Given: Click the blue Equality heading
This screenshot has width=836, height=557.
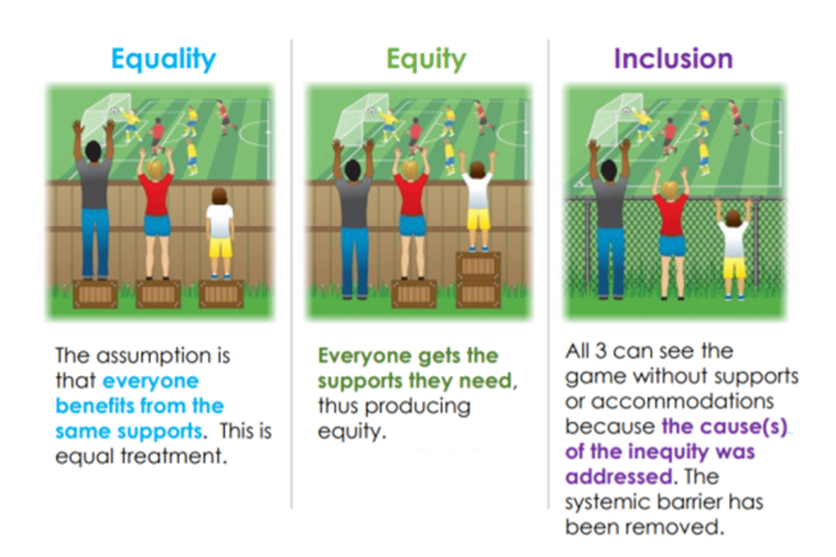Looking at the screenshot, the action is [164, 59].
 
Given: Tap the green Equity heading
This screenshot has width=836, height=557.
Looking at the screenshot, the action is [426, 59].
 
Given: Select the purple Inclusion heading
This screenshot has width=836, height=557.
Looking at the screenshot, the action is [672, 58].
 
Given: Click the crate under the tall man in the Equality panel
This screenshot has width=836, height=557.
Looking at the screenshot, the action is [95, 294].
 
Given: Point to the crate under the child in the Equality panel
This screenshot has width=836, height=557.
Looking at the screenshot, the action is [221, 294].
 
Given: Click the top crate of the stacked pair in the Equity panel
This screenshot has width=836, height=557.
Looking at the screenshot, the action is [478, 265].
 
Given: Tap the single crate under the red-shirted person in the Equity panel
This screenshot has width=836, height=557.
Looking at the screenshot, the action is [414, 294].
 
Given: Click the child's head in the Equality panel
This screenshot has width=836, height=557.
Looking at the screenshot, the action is [220, 196].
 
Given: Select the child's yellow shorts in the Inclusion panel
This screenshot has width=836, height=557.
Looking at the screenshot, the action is [734, 267].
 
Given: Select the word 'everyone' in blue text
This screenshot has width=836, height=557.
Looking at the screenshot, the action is [150, 381].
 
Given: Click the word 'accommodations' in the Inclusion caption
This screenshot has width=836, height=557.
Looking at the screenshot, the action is [682, 400].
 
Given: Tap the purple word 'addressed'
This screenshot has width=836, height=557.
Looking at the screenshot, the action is [618, 476].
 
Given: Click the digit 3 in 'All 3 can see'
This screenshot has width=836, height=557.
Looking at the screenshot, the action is [600, 351].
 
